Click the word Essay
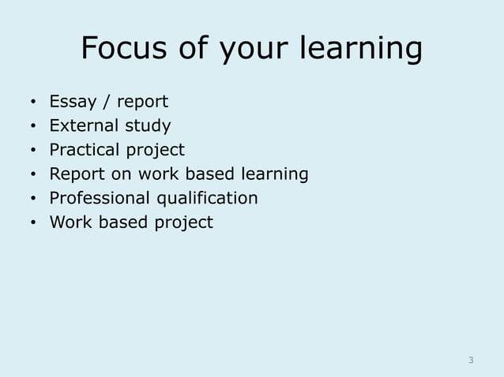click(x=72, y=103)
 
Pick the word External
click(x=81, y=125)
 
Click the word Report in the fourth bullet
click(x=73, y=174)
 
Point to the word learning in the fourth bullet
click(x=273, y=174)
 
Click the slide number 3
click(x=471, y=360)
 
